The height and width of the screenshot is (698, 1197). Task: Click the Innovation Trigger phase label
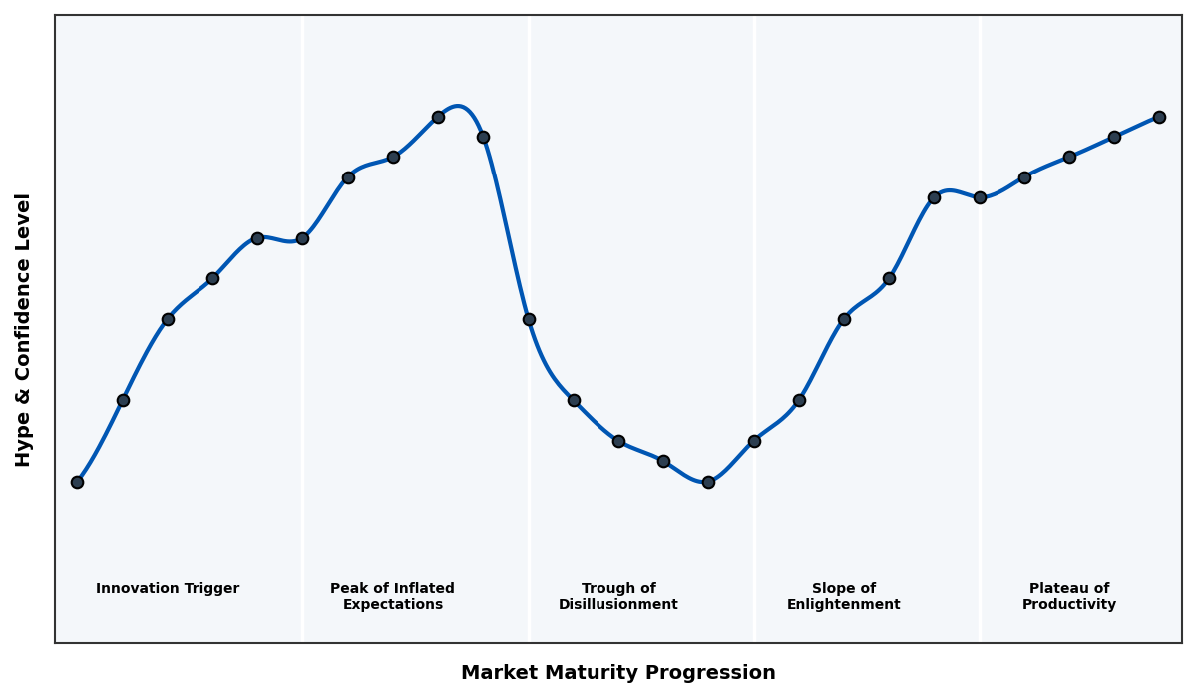coord(168,589)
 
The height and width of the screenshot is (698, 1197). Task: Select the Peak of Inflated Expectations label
coord(392,596)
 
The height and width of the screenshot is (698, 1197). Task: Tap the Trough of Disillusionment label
coord(618,596)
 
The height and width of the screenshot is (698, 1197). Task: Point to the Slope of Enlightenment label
coord(844,596)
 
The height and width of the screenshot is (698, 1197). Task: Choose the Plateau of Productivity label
coord(1069,596)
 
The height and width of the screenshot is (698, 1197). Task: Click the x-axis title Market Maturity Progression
coord(618,673)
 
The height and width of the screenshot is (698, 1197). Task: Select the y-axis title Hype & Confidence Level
coord(24,329)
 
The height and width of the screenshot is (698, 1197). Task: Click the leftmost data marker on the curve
coord(77,482)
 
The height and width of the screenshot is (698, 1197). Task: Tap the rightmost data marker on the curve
coord(1159,117)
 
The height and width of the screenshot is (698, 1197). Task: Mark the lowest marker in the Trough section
coord(708,482)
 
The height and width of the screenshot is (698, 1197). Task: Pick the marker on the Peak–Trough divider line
coord(529,319)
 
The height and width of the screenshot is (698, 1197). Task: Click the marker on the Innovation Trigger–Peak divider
coord(302,238)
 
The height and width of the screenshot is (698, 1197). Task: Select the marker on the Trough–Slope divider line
coord(754,441)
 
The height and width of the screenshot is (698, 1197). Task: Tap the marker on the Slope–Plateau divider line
coord(980,197)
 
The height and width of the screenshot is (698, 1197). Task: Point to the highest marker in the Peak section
coord(438,117)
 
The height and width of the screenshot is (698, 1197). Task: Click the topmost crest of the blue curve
coord(458,106)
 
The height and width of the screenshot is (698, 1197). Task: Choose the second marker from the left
coord(123,400)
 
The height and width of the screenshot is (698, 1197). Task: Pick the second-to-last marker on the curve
coord(1114,137)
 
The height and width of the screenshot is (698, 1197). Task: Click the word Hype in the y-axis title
coord(24,444)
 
